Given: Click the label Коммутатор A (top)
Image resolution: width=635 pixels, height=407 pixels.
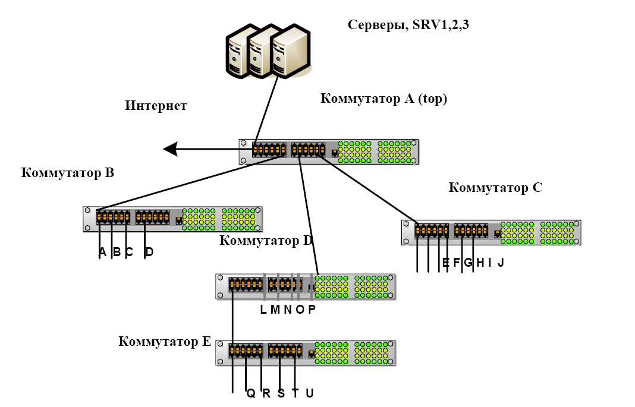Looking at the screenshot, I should (383, 99).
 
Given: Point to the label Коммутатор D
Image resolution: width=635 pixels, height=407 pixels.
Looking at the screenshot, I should (266, 241).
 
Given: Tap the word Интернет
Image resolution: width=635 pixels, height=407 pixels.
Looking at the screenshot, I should (156, 106).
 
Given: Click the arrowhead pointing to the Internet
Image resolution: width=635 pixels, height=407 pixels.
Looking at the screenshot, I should (171, 149).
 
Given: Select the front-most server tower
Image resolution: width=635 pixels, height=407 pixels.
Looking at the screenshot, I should (290, 54).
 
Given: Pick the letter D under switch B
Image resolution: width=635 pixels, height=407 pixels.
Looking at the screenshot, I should (149, 253).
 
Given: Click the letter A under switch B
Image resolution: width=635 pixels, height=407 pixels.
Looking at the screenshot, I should (102, 253).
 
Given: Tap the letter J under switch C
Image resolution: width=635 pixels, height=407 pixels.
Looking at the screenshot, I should (501, 263).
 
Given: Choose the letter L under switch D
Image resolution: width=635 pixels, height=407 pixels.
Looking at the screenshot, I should (264, 310).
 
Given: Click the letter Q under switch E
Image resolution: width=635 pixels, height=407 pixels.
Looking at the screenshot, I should (251, 393).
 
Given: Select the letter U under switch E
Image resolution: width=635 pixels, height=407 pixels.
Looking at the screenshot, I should (309, 393).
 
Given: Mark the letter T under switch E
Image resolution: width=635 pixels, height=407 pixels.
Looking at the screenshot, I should (295, 393).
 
